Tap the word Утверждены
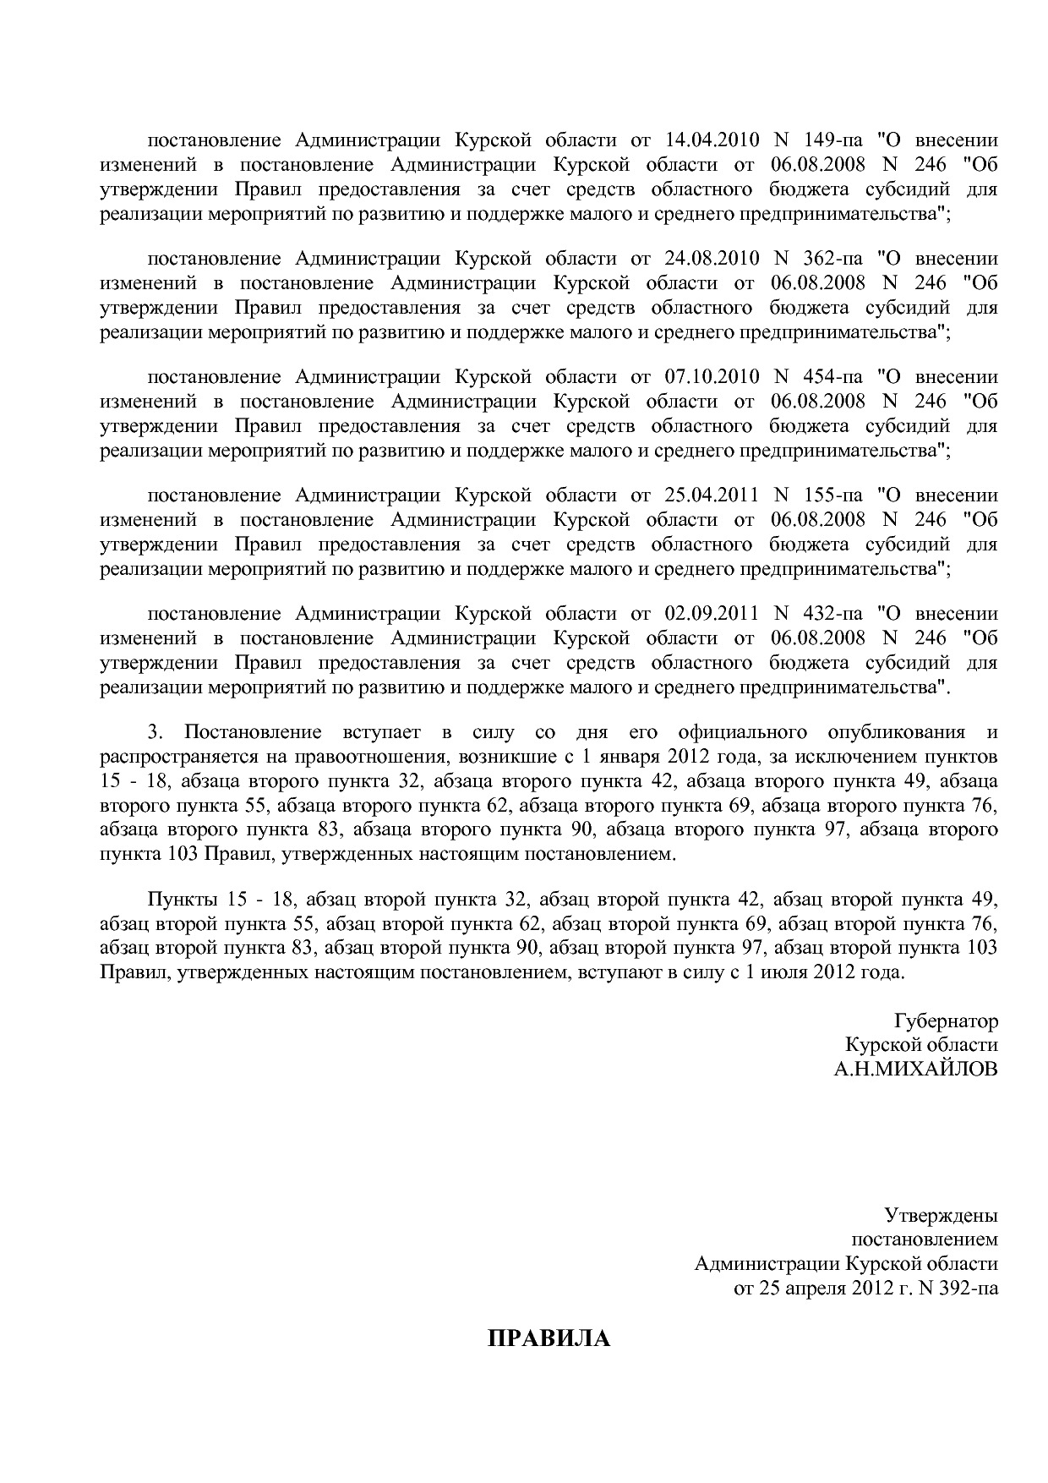[x=941, y=1216]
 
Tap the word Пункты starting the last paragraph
[x=176, y=898]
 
